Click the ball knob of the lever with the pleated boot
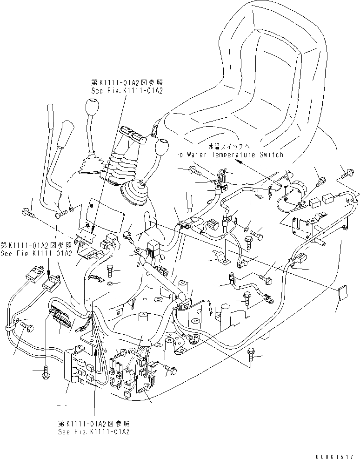pos(91,110)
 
